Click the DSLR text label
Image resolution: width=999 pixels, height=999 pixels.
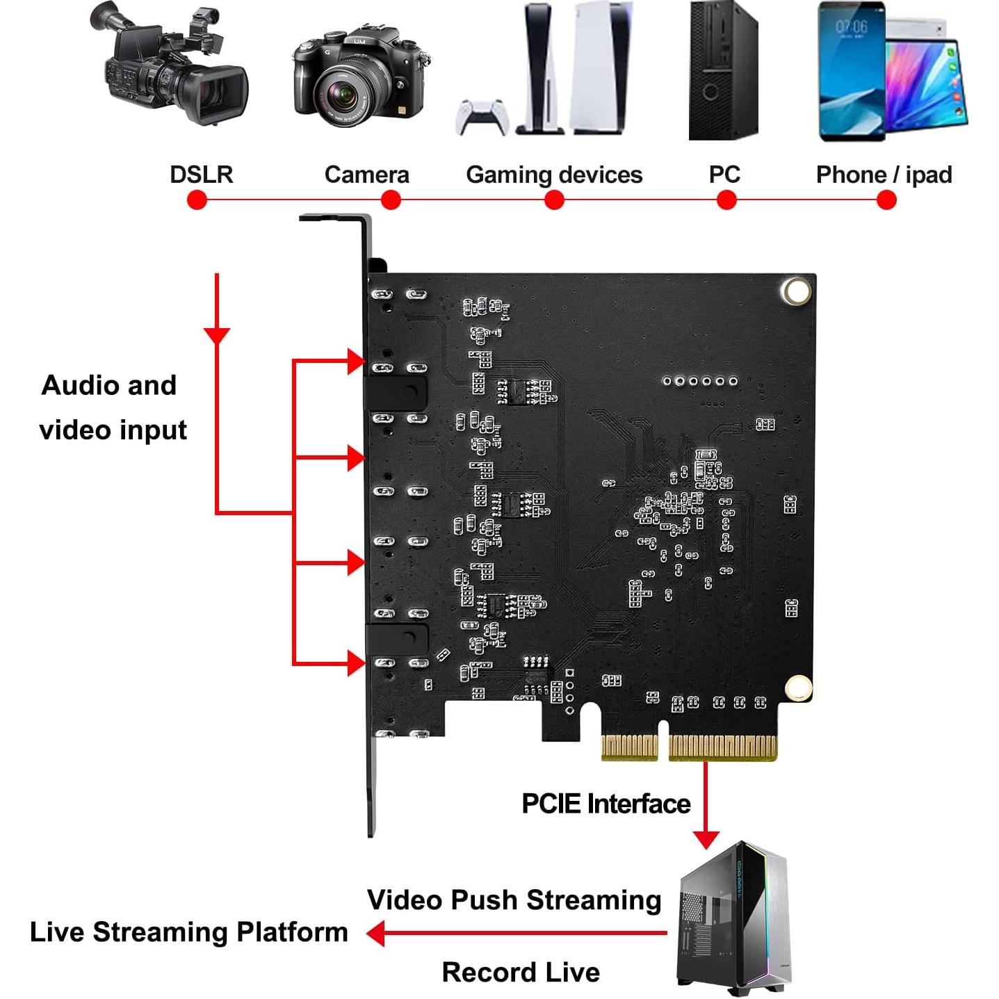tap(201, 174)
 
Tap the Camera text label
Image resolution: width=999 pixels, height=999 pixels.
tap(366, 174)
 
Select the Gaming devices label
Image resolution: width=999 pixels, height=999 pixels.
tap(554, 174)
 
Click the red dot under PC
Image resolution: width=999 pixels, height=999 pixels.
tap(726, 200)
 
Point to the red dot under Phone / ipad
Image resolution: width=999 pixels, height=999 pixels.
tap(886, 200)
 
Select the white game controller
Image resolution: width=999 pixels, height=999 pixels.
tap(482, 117)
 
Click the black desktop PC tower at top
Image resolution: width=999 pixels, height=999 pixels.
tap(722, 70)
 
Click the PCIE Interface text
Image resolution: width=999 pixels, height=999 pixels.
tap(606, 804)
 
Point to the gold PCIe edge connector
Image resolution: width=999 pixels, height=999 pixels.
tap(688, 747)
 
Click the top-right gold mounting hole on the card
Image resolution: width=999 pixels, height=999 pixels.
tap(796, 291)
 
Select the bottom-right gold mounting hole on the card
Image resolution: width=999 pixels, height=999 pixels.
tap(798, 688)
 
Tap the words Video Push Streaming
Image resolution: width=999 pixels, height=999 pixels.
tap(514, 900)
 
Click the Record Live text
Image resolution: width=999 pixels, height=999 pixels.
tap(521, 972)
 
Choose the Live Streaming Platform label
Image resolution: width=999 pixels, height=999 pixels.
tap(188, 932)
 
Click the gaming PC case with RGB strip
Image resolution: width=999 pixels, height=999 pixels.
tap(733, 918)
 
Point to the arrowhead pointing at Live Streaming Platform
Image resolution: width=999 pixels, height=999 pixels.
tap(376, 933)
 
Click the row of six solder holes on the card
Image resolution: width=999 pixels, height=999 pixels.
tap(699, 381)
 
